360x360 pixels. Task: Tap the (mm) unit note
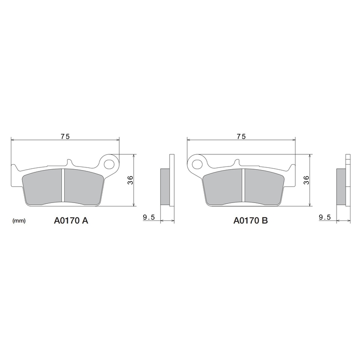click(x=19, y=221)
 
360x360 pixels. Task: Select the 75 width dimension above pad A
click(x=65, y=136)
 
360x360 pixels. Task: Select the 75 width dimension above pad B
click(x=241, y=136)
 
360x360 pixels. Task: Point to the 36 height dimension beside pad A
click(x=130, y=180)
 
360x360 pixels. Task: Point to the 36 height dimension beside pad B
click(x=306, y=180)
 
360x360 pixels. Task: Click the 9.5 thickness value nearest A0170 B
click(x=324, y=217)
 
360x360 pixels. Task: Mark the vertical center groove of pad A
click(x=63, y=185)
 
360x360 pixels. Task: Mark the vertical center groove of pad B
click(x=243, y=185)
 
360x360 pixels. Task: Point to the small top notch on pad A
click(x=69, y=162)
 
